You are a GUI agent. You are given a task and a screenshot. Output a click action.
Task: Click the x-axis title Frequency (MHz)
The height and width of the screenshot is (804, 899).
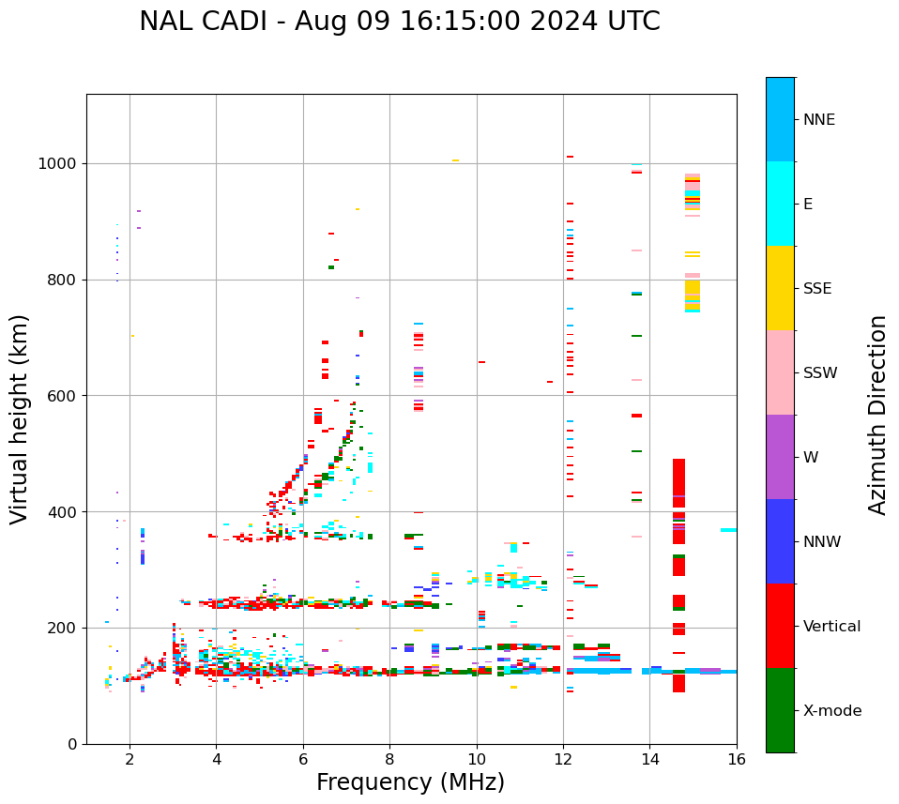pos(410,782)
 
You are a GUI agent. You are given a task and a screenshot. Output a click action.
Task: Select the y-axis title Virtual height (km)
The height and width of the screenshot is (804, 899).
pos(20,419)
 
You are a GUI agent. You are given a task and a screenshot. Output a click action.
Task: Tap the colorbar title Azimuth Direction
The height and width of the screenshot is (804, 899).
pos(877,415)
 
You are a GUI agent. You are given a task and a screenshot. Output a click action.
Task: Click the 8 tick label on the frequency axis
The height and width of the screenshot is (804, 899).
pos(389,759)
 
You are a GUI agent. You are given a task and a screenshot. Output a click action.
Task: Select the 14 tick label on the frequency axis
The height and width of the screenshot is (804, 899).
pos(649,759)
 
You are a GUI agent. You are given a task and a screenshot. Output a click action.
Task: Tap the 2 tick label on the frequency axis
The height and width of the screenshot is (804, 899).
pos(130,759)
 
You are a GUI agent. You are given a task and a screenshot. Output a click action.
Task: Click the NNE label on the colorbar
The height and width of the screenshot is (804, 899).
pos(818,120)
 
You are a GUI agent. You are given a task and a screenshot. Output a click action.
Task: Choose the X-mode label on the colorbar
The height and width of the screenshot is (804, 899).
pos(832,711)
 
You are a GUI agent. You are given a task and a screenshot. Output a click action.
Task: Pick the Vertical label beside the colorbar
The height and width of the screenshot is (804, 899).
pos(831,627)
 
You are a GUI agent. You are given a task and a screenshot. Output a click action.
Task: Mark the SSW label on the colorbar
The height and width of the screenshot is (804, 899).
pos(820,373)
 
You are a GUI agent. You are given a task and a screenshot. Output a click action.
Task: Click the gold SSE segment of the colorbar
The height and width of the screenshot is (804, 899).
pos(780,288)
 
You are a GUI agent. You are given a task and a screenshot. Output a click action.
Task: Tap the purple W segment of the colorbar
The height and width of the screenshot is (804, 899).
pos(780,457)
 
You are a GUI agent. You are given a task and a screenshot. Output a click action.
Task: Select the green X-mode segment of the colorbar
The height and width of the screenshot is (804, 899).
pos(780,710)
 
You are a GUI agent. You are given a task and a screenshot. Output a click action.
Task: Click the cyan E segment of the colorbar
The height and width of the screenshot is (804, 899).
pos(780,204)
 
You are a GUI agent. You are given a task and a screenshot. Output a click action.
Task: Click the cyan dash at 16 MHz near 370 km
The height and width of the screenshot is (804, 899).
pos(728,530)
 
